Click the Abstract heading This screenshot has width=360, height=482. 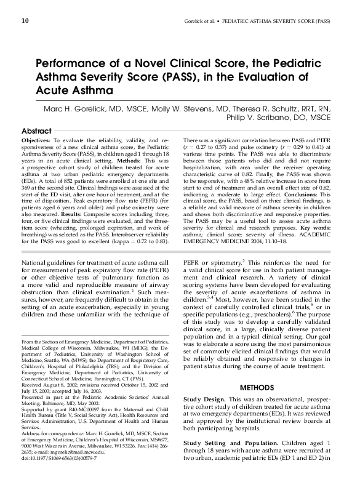click(x=36, y=132)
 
